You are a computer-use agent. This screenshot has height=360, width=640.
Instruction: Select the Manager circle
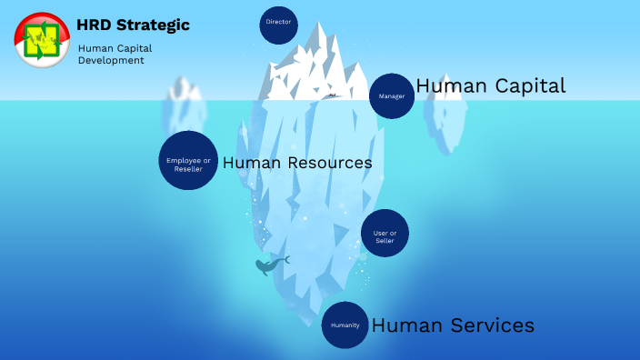(x=392, y=95)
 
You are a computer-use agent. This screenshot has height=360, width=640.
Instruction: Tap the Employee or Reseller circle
(x=188, y=161)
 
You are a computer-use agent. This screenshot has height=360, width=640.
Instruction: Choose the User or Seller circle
(x=385, y=234)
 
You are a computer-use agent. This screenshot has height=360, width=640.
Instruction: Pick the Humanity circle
(x=345, y=325)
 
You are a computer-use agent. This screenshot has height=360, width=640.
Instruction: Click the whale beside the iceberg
(x=270, y=265)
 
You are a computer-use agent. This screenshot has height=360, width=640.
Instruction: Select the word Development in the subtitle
(x=111, y=61)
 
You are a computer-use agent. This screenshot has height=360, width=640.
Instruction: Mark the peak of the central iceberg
(x=320, y=25)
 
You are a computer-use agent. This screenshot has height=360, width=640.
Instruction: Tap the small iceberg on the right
(x=447, y=118)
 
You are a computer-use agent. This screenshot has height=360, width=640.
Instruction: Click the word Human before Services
(x=407, y=325)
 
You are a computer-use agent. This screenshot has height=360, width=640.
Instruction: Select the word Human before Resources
(x=253, y=164)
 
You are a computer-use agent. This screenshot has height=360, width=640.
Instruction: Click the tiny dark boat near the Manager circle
(x=333, y=95)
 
